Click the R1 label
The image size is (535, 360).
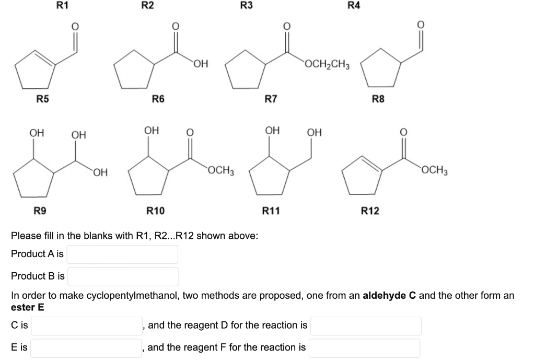point(62,6)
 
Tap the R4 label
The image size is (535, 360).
point(354,6)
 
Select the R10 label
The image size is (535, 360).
point(155,211)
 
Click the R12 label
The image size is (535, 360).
point(370,211)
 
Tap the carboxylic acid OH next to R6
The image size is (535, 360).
point(201,65)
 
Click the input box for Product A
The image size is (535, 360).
point(122,254)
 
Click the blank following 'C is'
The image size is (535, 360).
point(87,326)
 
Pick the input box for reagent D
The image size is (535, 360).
point(366,326)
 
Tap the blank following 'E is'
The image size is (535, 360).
point(86,347)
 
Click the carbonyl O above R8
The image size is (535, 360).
point(422,25)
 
